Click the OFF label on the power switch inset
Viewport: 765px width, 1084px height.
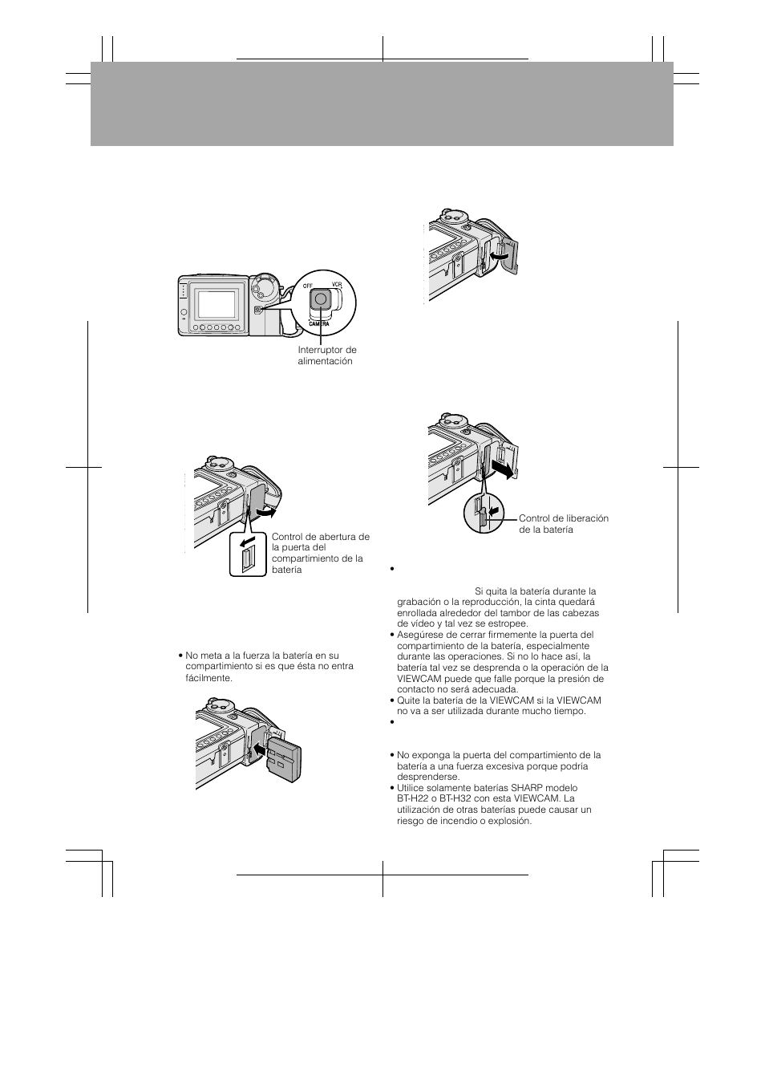pos(308,285)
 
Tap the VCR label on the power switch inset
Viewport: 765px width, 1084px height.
pos(336,285)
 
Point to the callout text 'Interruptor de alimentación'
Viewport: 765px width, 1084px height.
pos(327,355)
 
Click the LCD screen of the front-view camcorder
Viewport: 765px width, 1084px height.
pos(217,304)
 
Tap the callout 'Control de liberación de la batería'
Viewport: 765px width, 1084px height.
pos(563,523)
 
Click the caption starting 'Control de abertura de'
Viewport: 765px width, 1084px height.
pos(320,553)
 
